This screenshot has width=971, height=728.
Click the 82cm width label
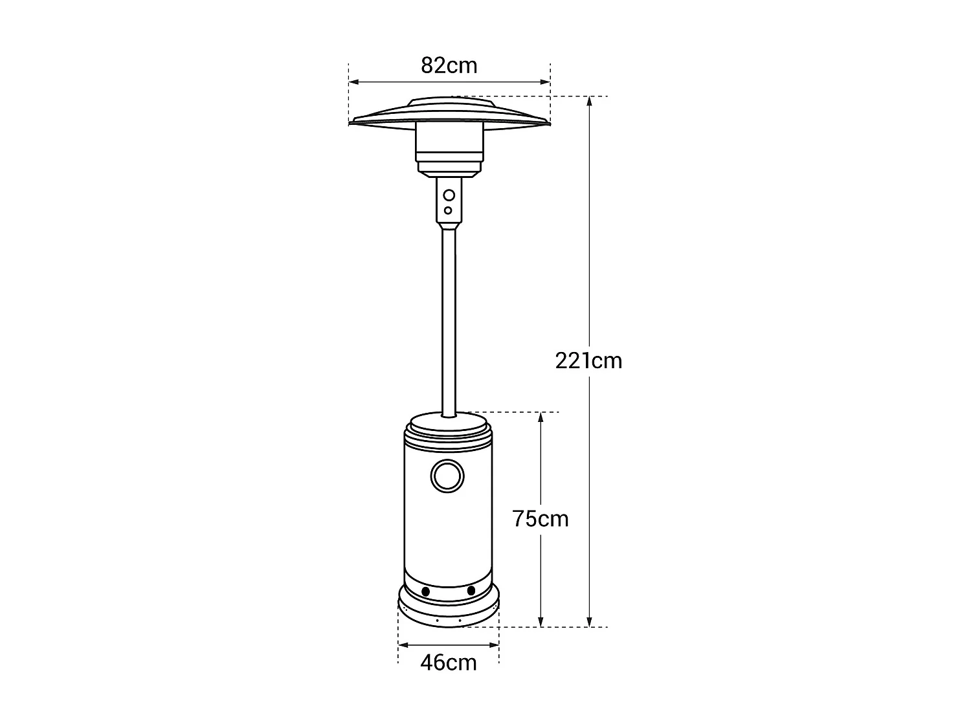(449, 65)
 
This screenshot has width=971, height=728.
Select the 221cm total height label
(588, 360)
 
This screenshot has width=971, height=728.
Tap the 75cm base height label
(541, 519)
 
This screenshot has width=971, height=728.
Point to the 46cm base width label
(449, 663)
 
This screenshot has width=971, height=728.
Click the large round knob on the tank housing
(447, 476)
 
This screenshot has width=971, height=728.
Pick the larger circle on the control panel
(449, 195)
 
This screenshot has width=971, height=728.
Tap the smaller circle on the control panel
(448, 210)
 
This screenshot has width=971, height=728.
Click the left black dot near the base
(426, 591)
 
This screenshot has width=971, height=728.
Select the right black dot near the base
(471, 591)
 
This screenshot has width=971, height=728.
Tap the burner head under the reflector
(449, 146)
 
